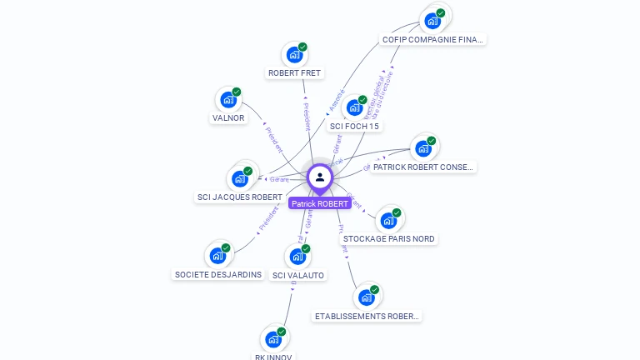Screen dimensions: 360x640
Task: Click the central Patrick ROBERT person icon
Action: [320, 177]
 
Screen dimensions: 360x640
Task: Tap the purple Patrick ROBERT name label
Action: [320, 203]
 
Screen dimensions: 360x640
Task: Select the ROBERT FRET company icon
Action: [294, 55]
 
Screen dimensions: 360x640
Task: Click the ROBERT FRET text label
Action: [294, 73]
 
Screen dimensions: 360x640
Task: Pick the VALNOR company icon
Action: [228, 100]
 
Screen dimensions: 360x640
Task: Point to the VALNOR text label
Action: [228, 118]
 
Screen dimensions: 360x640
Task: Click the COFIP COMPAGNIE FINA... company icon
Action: [432, 21]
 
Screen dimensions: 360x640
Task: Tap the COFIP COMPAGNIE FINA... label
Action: [432, 39]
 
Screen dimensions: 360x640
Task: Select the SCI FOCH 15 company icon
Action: [354, 108]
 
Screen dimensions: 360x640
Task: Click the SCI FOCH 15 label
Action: [354, 127]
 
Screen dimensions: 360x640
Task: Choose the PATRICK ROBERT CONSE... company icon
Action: [423, 149]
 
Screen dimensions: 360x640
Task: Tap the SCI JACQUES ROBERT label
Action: [239, 197]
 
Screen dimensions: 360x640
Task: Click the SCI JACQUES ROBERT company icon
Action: [240, 179]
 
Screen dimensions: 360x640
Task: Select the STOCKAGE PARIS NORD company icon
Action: [388, 221]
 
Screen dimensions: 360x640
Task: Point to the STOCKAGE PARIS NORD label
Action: [388, 239]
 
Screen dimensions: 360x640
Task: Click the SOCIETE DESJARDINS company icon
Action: [217, 256]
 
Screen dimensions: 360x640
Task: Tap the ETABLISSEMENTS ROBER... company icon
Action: [367, 297]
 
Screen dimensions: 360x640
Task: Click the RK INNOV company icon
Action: [273, 339]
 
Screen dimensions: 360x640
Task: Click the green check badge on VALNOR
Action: [237, 92]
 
